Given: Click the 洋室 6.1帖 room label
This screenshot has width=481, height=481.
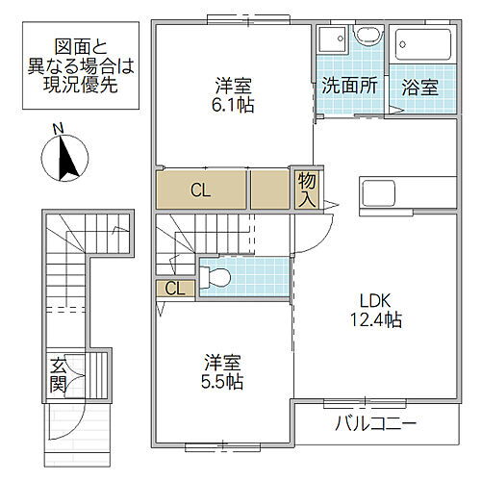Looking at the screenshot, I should [234, 95].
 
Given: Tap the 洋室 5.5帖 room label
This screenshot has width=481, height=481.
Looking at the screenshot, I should [222, 371].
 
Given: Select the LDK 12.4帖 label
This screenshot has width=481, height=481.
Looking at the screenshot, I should [374, 309].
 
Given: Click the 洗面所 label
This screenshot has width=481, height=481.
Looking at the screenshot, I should [349, 86].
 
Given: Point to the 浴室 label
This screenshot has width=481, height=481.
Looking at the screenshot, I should [420, 86].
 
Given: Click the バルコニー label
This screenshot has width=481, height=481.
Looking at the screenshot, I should [375, 423].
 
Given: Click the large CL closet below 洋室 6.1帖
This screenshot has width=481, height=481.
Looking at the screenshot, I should [200, 190].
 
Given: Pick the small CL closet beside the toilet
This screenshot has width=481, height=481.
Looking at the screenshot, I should [176, 287].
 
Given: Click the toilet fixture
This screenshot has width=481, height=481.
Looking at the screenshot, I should [215, 277].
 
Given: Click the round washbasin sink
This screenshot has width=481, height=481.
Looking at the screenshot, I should [367, 38].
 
